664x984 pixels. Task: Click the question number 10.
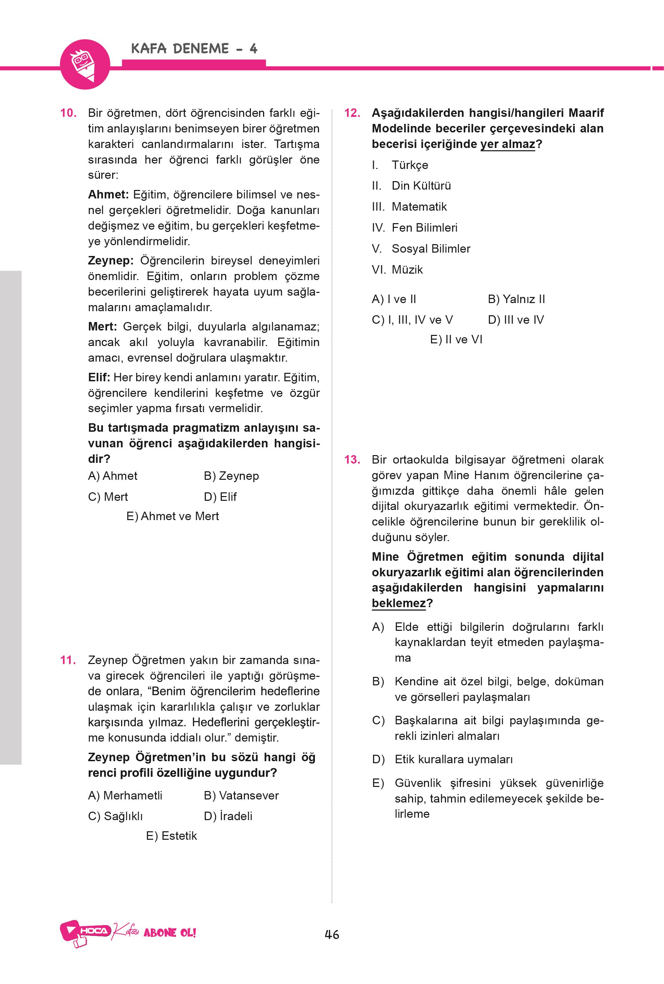pos(68,113)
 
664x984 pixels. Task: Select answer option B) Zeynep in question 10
pos(231,476)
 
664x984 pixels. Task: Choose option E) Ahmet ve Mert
pos(172,516)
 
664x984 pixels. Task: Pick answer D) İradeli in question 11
pos(228,816)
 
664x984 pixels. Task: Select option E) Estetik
pos(172,835)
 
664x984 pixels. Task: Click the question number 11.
pos(68,660)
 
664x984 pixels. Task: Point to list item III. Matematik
pos(409,207)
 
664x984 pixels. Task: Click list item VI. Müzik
pos(397,269)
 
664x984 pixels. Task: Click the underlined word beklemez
pos(399,603)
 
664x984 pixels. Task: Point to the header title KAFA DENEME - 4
pos(194,49)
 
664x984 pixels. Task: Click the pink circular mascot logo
pos(85,64)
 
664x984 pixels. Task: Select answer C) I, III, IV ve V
pos(412,320)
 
